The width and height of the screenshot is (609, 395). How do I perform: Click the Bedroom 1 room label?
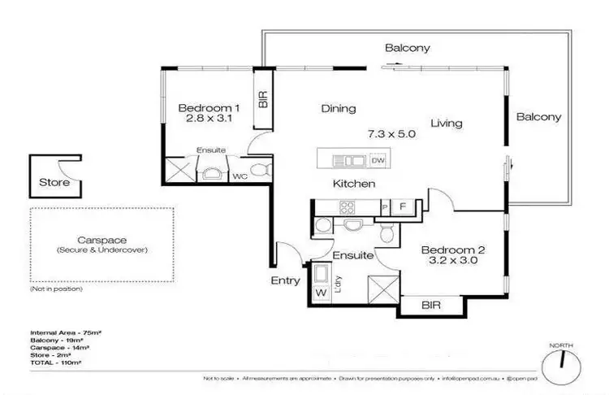tap(209, 108)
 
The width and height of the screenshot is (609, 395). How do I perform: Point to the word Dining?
tap(339, 108)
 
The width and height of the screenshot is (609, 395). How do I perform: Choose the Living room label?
tap(447, 124)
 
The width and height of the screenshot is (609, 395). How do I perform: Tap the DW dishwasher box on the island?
tap(378, 160)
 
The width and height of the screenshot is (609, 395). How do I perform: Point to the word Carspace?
tap(102, 241)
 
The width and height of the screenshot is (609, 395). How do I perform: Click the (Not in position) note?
tap(56, 289)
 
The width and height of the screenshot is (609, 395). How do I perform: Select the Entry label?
tap(286, 280)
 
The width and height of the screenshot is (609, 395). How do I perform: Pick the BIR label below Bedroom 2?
tap(431, 305)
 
